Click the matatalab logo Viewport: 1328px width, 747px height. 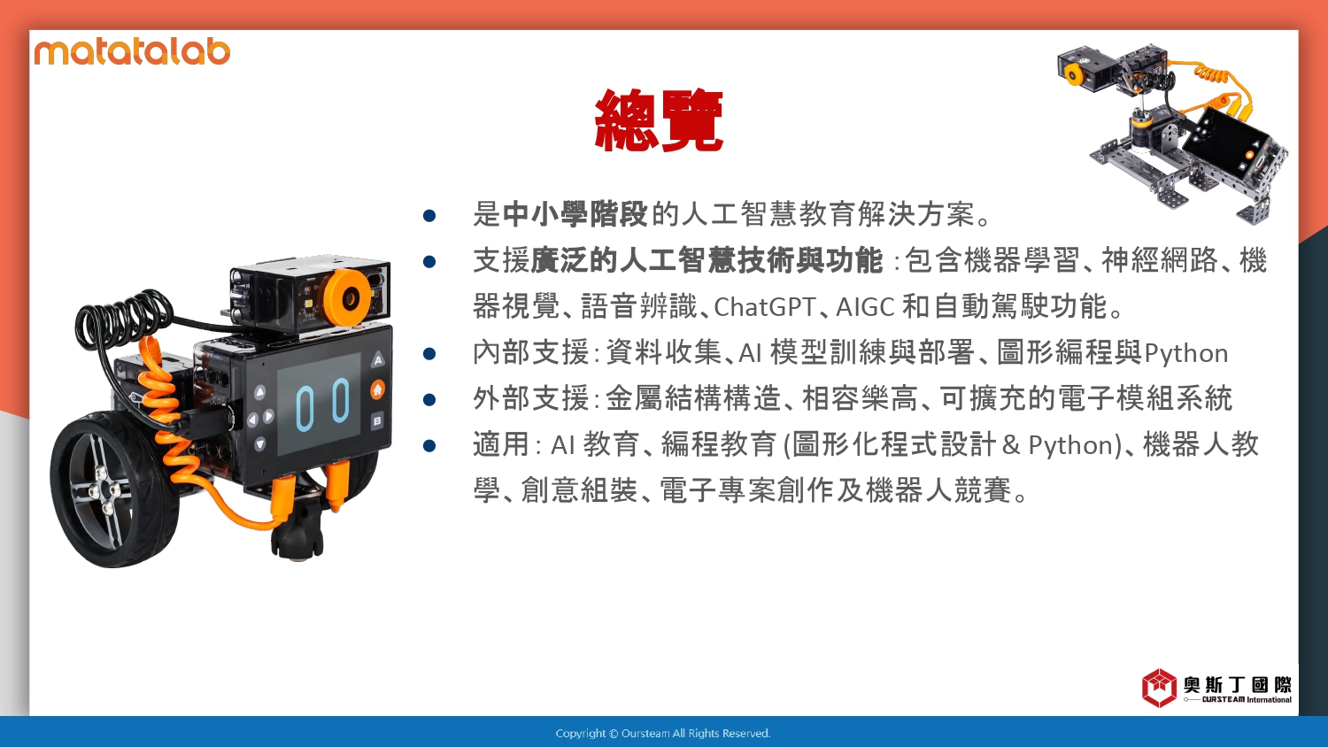click(132, 51)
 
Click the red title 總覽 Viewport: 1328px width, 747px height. click(659, 120)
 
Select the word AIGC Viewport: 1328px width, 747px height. click(865, 307)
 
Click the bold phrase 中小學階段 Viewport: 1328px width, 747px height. click(575, 214)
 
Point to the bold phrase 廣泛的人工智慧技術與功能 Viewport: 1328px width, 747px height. click(706, 260)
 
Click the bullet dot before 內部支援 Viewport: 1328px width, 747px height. click(429, 354)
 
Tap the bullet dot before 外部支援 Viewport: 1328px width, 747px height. click(429, 399)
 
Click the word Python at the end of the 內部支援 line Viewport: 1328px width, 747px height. click(1185, 354)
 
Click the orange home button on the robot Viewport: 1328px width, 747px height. click(378, 389)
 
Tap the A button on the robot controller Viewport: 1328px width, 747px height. click(378, 360)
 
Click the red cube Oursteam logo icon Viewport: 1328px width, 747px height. click(1159, 688)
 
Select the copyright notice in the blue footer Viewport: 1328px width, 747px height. click(663, 734)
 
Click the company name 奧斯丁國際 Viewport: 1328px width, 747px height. click(1238, 685)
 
